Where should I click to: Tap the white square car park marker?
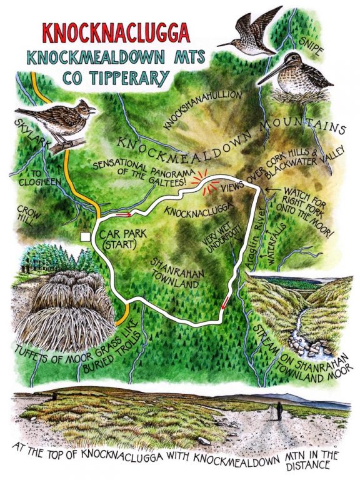tap(86, 236)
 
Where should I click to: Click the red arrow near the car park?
tap(122, 214)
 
